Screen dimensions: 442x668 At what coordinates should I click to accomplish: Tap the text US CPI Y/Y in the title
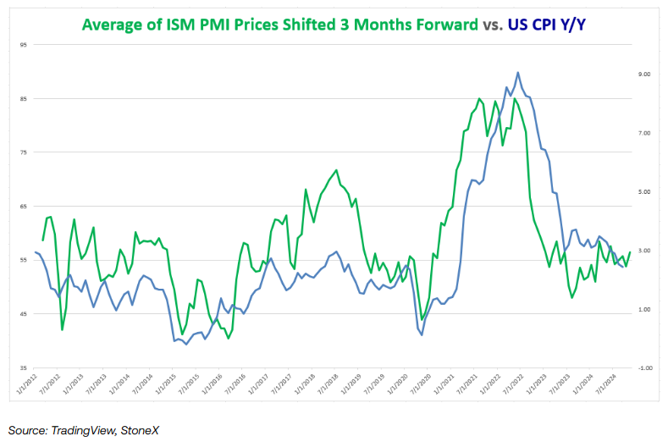[546, 25]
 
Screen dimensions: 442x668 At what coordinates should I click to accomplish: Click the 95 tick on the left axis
[23, 45]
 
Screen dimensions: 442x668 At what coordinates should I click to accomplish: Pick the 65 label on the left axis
[23, 207]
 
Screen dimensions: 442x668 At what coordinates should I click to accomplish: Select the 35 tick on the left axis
[23, 368]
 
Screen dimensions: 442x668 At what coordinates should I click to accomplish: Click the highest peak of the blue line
[518, 73]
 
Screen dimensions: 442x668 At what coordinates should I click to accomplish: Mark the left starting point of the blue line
[36, 252]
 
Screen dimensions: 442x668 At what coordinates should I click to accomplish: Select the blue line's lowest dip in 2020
[422, 335]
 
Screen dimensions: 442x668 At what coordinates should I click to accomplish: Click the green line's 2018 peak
[336, 170]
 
